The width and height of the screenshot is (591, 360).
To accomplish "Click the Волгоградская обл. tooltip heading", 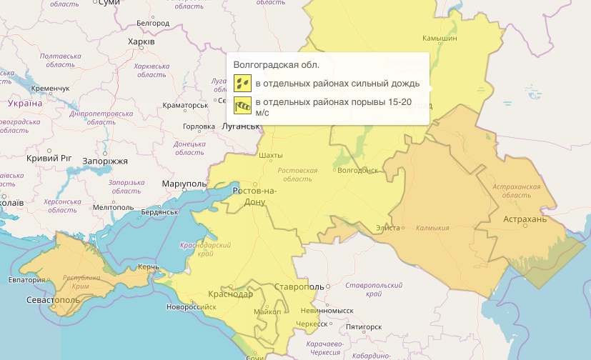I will (270, 66).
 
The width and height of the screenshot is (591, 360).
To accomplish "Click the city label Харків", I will (141, 42).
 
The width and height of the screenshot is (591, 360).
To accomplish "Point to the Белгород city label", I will (152, 24).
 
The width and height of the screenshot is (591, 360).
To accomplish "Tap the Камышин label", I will (439, 37).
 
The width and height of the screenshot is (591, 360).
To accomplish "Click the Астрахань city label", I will (525, 219).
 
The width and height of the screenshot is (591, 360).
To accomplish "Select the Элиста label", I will (389, 228).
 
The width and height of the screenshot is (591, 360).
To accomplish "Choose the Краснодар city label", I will (230, 294).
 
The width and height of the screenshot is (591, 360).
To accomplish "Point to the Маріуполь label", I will (184, 184).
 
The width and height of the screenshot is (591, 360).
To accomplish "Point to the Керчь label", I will (149, 267).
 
